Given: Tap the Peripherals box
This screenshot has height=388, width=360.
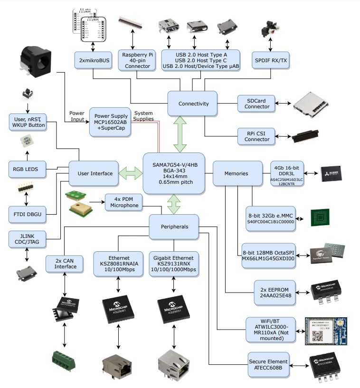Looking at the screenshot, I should point(174,227).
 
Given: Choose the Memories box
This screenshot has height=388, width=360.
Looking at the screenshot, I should point(237,173).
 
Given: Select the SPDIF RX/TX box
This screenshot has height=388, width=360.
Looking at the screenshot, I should point(271,61).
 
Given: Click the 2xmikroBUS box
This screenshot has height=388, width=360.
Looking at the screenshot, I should point(92,61).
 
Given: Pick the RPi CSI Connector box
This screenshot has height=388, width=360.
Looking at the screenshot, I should point(256,136).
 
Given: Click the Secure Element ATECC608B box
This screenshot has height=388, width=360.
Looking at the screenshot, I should point(268,365).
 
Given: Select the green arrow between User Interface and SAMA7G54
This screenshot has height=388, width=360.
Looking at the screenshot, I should point(130,173).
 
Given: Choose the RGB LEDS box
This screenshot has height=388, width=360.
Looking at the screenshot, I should point(27,168).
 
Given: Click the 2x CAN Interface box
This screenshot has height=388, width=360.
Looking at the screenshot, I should point(65,263).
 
